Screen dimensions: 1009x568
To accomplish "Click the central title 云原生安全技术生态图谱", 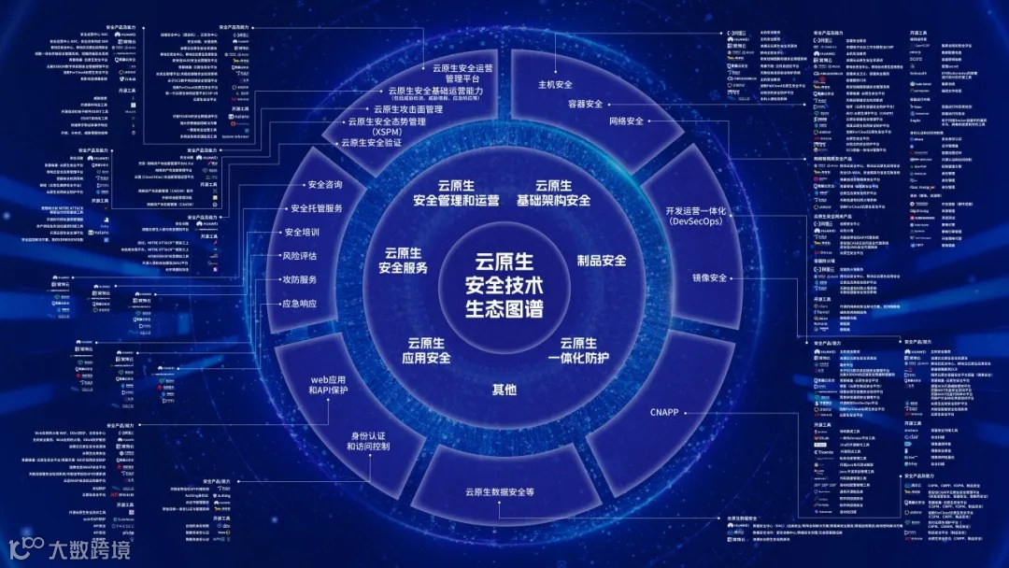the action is (504, 283).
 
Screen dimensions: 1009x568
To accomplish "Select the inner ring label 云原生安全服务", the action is (404, 261).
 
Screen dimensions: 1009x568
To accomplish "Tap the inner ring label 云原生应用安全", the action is (427, 350).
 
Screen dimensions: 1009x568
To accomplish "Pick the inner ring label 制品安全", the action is (601, 261).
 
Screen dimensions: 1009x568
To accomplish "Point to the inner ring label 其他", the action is (504, 389).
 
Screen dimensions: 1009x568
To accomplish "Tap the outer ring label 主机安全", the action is (555, 84).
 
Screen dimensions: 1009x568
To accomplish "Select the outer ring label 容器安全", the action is (586, 104).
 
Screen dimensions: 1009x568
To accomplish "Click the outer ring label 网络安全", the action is (626, 121).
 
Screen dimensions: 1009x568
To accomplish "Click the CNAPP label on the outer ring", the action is (664, 412).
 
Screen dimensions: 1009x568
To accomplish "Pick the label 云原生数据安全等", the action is (499, 491).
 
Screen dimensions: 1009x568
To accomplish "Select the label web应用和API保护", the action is (328, 384).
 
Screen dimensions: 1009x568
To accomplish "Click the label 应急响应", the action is (300, 304).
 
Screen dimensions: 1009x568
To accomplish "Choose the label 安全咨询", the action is (325, 184).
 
